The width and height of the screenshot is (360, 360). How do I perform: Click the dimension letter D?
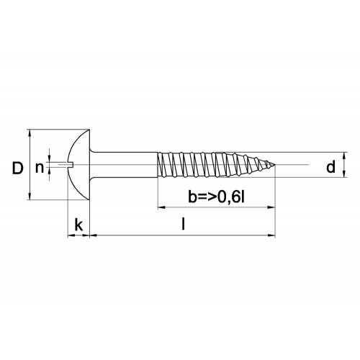(18, 168)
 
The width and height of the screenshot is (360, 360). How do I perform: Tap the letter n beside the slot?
(40, 168)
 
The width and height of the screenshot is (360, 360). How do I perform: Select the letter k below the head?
(78, 225)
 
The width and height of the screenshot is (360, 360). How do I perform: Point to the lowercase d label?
(330, 167)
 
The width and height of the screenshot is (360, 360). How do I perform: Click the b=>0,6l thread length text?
(216, 197)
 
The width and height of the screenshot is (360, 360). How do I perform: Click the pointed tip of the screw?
(274, 165)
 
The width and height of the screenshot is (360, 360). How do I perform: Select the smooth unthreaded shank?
(125, 165)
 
